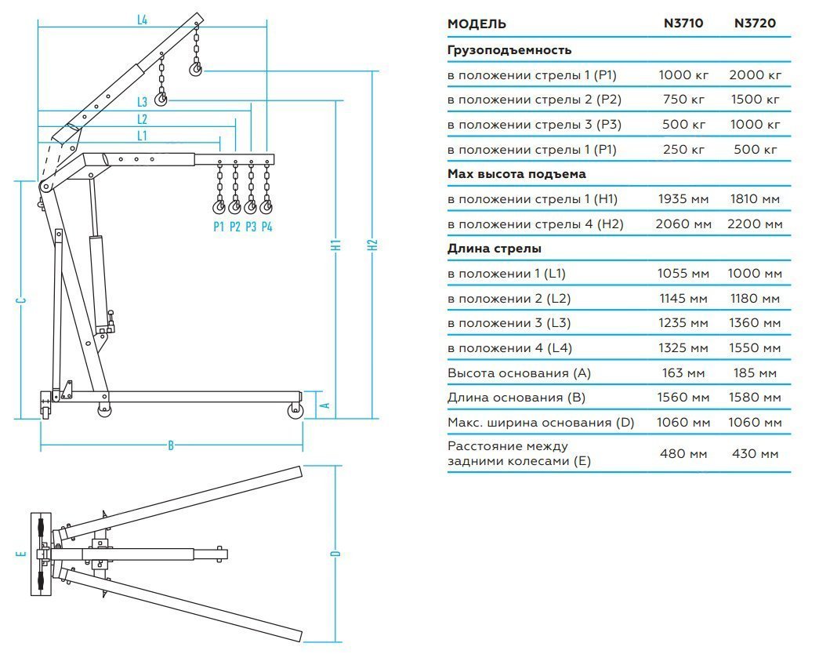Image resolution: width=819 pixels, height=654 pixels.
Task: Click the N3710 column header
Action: [x=683, y=24]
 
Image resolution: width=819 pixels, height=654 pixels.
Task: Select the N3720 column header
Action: [x=755, y=24]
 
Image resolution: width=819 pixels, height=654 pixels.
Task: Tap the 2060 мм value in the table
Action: [x=683, y=224]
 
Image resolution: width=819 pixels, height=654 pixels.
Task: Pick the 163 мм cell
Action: [x=683, y=372]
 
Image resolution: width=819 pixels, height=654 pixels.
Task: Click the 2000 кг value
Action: [x=755, y=75]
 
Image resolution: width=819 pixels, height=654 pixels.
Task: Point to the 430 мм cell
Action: [x=755, y=453]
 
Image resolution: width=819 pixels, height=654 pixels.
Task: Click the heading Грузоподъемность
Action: [x=509, y=50]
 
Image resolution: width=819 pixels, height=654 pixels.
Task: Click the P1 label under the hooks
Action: [x=219, y=227]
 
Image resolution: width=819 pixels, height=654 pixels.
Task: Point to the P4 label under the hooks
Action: [x=267, y=227]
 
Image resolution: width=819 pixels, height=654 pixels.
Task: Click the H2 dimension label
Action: [x=373, y=244]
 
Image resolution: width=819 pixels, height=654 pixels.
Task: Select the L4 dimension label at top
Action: [x=142, y=20]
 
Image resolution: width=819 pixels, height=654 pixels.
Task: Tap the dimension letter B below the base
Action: [x=171, y=445]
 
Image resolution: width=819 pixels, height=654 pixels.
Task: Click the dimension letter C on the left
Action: [x=22, y=300]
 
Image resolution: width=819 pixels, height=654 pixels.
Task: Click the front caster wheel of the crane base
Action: [x=295, y=410]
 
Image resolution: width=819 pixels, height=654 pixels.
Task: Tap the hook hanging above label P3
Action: [x=251, y=207]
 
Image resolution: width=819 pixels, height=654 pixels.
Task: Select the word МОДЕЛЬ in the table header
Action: [x=477, y=24]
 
